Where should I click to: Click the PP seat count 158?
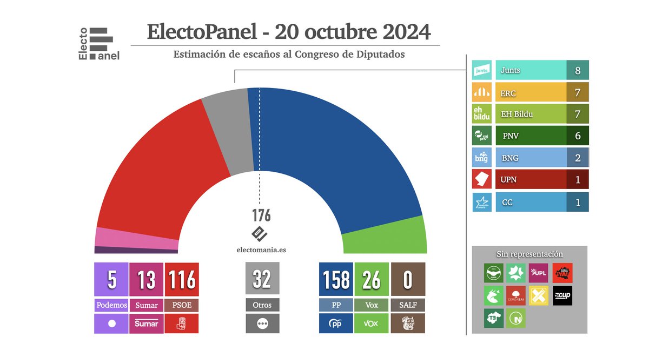pyautogui.click(x=336, y=280)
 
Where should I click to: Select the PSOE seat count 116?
pyautogui.click(x=182, y=280)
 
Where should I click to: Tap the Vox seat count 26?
pyautogui.click(x=372, y=280)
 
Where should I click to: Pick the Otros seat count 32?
pyautogui.click(x=262, y=279)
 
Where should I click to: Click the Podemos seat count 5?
pyautogui.click(x=111, y=280)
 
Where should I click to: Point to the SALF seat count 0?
pyautogui.click(x=408, y=280)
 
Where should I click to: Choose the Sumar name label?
pyautogui.click(x=147, y=305)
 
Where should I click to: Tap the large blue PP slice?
pyautogui.click(x=335, y=151)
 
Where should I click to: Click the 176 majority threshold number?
pyautogui.click(x=261, y=215)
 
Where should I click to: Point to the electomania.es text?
pyautogui.click(x=261, y=250)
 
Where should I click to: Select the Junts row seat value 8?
pyautogui.click(x=578, y=70)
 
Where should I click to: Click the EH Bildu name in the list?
pyautogui.click(x=517, y=114)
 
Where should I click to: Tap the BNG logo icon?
pyautogui.click(x=481, y=157)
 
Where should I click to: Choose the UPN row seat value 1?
pyautogui.click(x=578, y=179)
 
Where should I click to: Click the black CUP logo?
pyautogui.click(x=562, y=295)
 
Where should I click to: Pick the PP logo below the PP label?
pyautogui.click(x=336, y=323)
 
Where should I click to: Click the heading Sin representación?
pyautogui.click(x=529, y=254)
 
